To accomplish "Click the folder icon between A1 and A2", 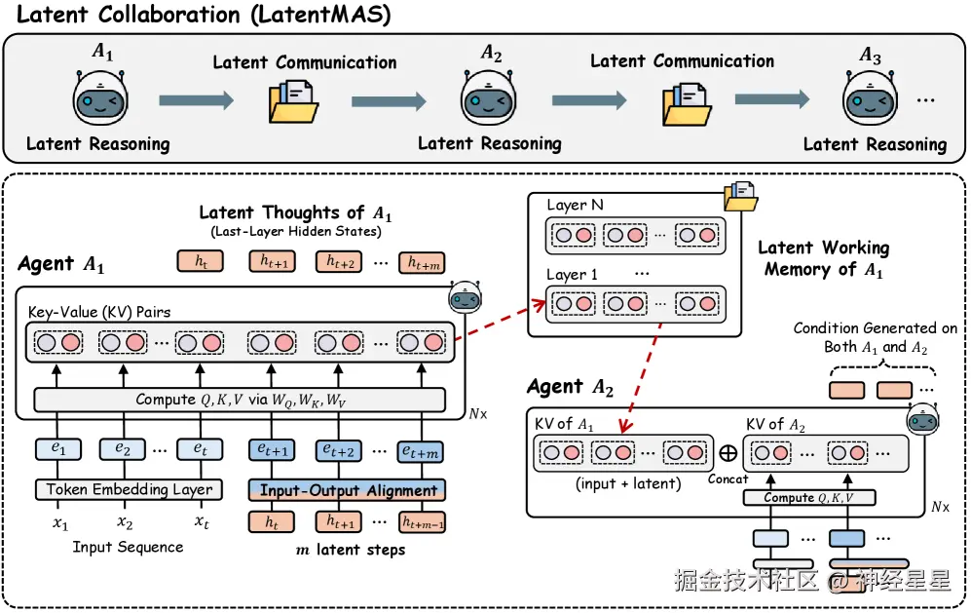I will (x=293, y=101).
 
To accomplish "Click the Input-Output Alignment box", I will (x=347, y=490).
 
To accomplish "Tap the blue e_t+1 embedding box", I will (x=273, y=449).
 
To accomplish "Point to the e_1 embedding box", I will (x=60, y=449).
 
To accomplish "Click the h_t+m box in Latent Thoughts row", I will (x=425, y=261).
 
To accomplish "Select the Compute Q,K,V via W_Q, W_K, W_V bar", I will (x=240, y=400).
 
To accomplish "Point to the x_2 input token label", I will (x=125, y=522).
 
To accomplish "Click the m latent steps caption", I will (x=350, y=550).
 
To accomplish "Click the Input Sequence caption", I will (x=128, y=548).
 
